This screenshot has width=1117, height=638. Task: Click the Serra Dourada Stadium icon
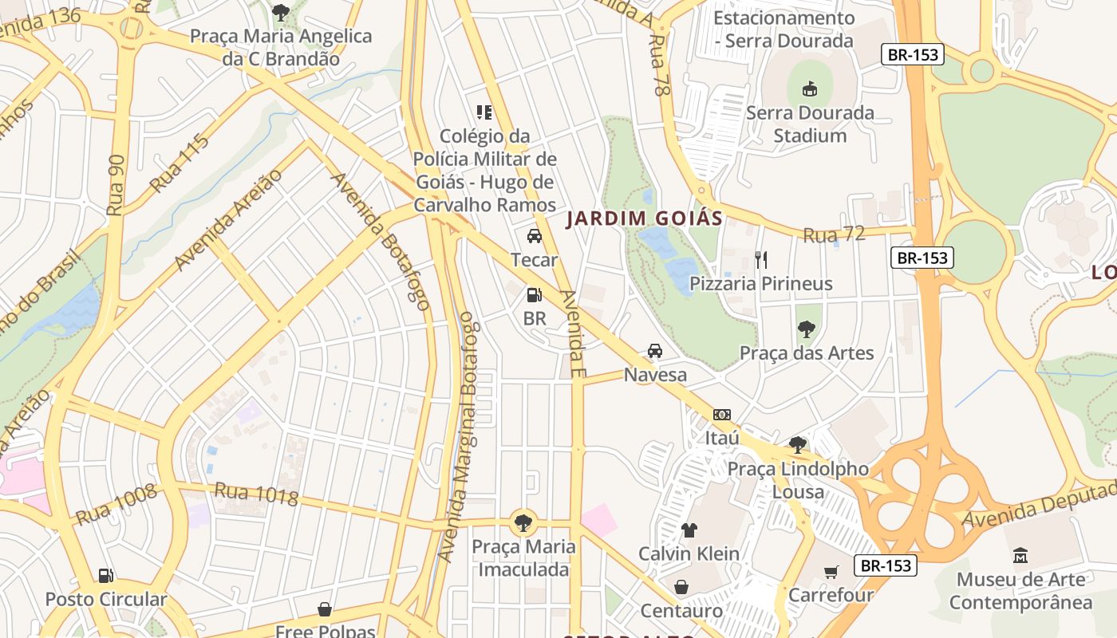(809, 88)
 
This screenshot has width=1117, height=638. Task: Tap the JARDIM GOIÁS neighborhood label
(644, 219)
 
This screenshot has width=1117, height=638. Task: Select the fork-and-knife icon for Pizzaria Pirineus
(761, 259)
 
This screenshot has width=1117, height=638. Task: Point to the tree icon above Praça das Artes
(807, 329)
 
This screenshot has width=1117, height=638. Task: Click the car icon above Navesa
(655, 351)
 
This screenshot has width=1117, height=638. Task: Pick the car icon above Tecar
(535, 236)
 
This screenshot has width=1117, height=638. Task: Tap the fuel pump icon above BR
(534, 295)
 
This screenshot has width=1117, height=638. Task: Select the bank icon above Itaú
(722, 415)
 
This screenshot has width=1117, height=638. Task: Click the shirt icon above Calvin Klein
(689, 530)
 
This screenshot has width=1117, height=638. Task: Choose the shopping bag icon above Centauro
(681, 588)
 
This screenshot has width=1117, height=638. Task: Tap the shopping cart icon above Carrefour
(831, 571)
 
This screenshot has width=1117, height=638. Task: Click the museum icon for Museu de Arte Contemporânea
(1020, 555)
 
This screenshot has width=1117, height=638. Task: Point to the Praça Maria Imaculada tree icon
(523, 523)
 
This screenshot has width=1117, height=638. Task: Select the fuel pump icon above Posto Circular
(105, 576)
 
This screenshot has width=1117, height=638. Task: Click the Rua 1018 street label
(256, 494)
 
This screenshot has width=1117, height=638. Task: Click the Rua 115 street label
(179, 163)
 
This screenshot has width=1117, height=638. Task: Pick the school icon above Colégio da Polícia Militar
(484, 112)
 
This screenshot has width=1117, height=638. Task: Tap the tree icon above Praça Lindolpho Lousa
(797, 445)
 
